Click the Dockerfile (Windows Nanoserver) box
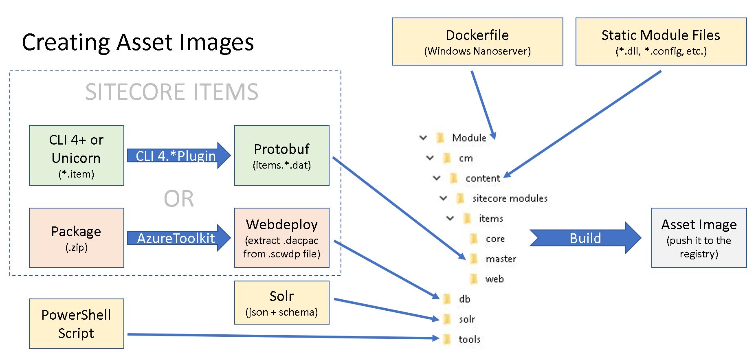[477, 42]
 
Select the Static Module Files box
[661, 42]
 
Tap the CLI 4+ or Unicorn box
[77, 156]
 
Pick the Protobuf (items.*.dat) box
[282, 156]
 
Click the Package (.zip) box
[77, 238]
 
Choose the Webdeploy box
[282, 238]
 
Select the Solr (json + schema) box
[282, 303]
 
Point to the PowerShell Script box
[77, 324]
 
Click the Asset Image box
[699, 238]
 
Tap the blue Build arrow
[585, 238]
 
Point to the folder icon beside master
[474, 259]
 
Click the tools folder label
[469, 339]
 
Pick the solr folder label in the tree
[467, 319]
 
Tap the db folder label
[464, 299]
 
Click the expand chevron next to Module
[423, 138]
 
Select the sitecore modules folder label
[510, 198]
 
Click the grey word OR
[179, 199]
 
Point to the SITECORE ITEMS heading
[171, 92]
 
